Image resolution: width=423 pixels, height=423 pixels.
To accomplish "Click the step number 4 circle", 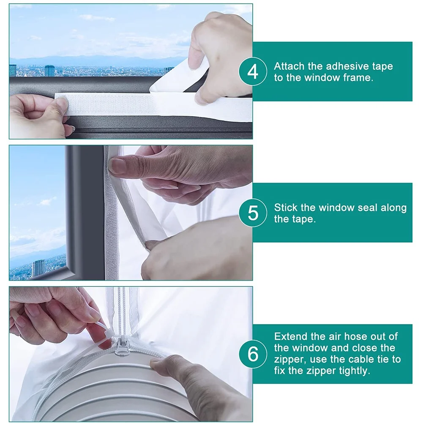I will point(253,72).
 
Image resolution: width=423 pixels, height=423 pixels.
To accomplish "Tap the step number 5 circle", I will point(253,213).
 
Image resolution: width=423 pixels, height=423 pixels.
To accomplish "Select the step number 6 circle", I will point(253,354).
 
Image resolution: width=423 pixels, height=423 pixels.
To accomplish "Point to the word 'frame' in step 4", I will point(360,78).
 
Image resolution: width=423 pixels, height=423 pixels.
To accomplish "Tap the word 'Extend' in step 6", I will point(290,336).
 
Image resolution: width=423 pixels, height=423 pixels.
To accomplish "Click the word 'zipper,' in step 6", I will point(288,360).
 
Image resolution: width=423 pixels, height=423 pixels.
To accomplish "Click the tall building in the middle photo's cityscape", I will point(38,267).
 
